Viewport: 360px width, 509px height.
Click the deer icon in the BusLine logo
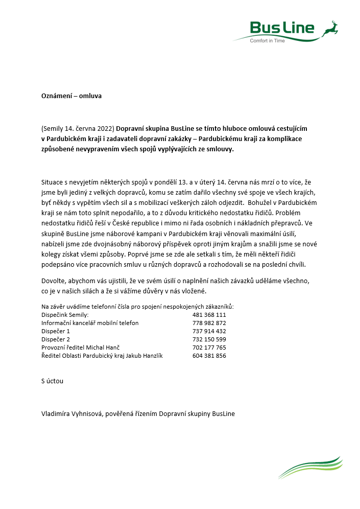point(330,29)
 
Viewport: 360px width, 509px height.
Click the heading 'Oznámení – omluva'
point(71,95)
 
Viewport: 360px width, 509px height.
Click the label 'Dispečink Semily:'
point(65,315)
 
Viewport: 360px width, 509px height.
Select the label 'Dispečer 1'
point(56,331)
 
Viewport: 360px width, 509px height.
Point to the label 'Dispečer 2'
point(56,339)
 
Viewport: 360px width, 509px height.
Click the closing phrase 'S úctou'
point(52,381)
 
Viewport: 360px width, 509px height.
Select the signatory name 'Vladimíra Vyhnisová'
point(72,414)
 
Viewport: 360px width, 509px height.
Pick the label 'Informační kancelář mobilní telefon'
point(90,323)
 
